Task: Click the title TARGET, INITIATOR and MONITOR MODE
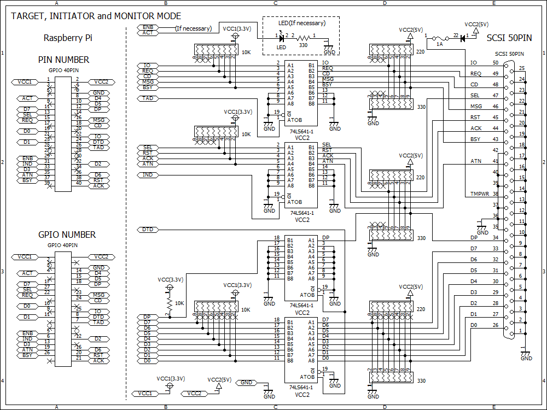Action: [x=96, y=16]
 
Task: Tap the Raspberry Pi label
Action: [x=67, y=38]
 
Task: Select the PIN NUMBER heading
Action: [x=63, y=60]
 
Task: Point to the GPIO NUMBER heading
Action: [x=67, y=235]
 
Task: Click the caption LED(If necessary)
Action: [x=302, y=23]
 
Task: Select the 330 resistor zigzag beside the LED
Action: [x=304, y=38]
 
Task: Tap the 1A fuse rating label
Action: [x=439, y=45]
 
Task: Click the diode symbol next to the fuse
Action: [x=462, y=38]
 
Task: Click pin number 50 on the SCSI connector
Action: [x=495, y=63]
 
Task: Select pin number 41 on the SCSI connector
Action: [x=495, y=161]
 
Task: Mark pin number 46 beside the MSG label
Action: [x=495, y=107]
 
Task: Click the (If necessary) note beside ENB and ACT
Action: [x=193, y=28]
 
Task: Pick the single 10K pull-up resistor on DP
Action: [x=170, y=303]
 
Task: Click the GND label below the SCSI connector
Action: [x=526, y=359]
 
